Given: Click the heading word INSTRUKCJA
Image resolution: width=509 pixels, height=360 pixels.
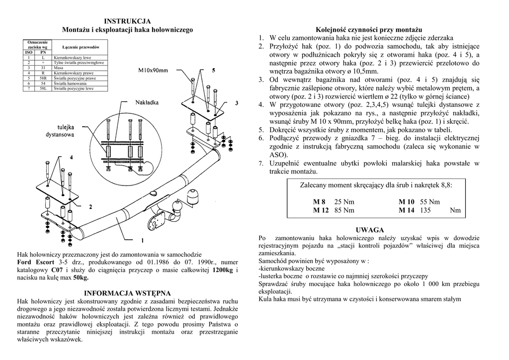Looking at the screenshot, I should click(127, 21).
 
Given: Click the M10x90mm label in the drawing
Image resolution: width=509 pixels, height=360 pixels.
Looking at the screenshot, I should click(153, 71).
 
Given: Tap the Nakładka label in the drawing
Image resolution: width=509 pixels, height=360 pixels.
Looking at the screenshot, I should click(147, 103).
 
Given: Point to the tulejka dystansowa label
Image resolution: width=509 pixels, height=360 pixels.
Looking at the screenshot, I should click(60, 131).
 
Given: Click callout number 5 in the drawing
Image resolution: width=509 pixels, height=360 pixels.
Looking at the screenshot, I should click(213, 71).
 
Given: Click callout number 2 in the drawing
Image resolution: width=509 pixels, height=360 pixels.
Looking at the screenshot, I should click(90, 206).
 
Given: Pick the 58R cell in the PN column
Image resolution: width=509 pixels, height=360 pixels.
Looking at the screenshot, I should click(43, 79).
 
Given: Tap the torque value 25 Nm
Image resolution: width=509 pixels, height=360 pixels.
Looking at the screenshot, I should click(345, 202).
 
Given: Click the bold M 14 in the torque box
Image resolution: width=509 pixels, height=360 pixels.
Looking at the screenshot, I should click(407, 210).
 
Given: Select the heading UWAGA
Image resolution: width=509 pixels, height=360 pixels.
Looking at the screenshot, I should click(370, 230).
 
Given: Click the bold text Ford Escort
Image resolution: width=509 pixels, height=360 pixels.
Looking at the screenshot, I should click(35, 262).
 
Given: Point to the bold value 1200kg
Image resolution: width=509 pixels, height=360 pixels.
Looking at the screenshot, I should click(222, 270).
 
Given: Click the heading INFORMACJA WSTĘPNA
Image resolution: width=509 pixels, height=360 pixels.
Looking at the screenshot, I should click(127, 293).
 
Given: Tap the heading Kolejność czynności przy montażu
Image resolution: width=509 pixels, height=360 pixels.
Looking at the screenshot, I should click(369, 30).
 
